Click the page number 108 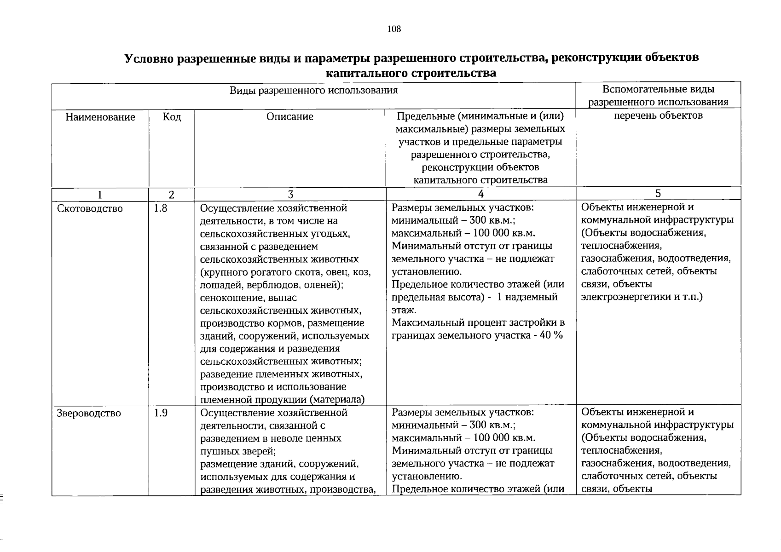pyautogui.click(x=394, y=29)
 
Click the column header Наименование pyautogui.click(x=100, y=117)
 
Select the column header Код pyautogui.click(x=172, y=117)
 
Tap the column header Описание pyautogui.click(x=289, y=117)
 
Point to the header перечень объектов pyautogui.click(x=658, y=115)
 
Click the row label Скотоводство pyautogui.click(x=90, y=209)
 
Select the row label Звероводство pyautogui.click(x=89, y=413)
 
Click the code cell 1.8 pyautogui.click(x=160, y=208)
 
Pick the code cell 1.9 pyautogui.click(x=160, y=413)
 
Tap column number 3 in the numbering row pyautogui.click(x=290, y=194)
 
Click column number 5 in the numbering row pyautogui.click(x=658, y=193)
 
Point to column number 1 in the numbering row pyautogui.click(x=100, y=195)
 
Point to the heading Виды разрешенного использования pyautogui.click(x=313, y=90)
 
